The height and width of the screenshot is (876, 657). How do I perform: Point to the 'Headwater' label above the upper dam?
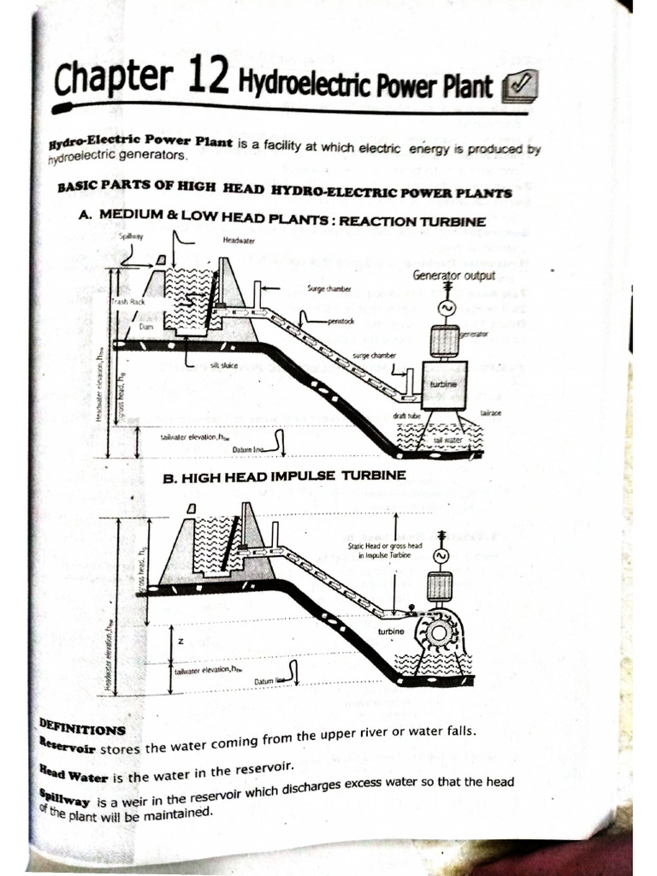(239, 240)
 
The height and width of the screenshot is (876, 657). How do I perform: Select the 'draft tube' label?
(405, 415)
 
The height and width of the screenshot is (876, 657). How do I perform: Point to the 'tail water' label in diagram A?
(447, 440)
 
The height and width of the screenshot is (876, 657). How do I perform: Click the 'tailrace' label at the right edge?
(490, 412)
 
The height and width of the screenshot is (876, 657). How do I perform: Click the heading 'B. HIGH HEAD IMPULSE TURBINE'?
(284, 475)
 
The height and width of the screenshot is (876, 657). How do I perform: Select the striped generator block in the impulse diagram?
(439, 587)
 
